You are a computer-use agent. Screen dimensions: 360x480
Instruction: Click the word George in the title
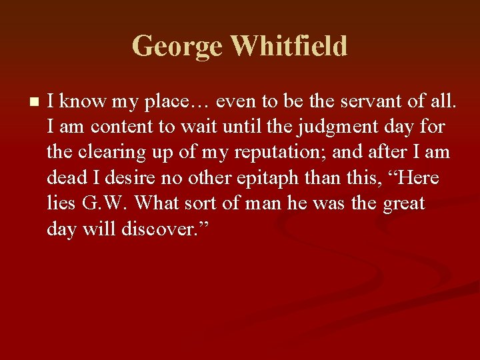[177, 46]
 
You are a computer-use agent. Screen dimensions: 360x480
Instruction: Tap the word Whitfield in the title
[289, 46]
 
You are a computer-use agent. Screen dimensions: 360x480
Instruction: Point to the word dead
[67, 177]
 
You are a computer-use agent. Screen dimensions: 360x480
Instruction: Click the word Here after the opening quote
[421, 177]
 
